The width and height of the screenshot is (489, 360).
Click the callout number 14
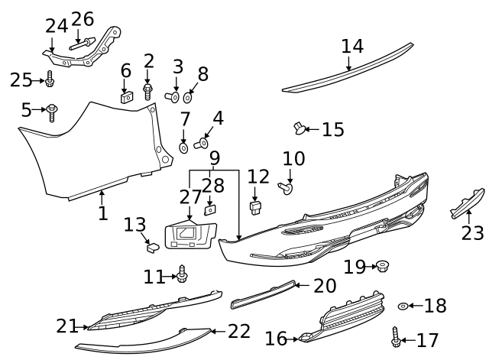(x=352, y=47)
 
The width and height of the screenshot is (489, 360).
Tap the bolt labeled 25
(x=50, y=79)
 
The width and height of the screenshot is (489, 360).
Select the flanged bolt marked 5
(x=52, y=112)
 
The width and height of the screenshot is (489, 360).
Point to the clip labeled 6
(x=127, y=97)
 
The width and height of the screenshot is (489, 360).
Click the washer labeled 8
(x=189, y=98)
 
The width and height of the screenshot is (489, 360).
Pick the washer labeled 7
(x=184, y=145)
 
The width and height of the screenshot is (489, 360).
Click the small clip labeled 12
(x=257, y=206)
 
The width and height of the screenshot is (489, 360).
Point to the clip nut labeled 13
(x=151, y=245)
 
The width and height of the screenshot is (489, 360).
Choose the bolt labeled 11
(x=183, y=274)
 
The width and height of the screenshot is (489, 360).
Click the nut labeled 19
(x=383, y=266)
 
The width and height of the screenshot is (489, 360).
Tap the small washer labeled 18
(x=403, y=306)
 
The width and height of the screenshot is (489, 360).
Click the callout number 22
(x=239, y=331)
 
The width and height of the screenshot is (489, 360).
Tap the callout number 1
(x=102, y=212)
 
